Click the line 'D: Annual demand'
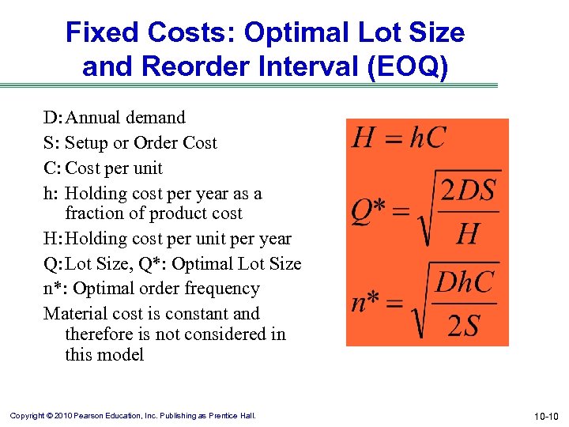[115, 118]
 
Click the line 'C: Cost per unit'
[103, 168]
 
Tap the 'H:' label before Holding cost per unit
[53, 239]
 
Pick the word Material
[73, 314]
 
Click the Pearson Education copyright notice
[132, 416]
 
